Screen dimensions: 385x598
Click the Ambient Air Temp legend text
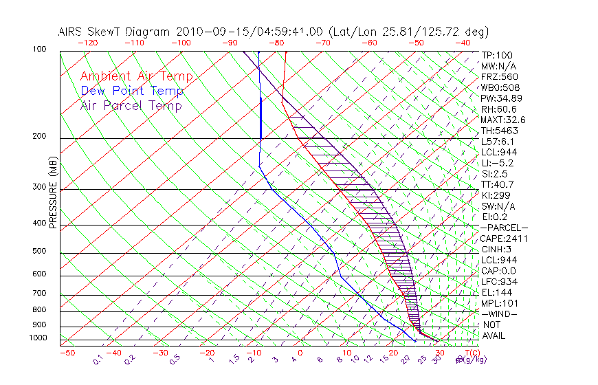coord(136,76)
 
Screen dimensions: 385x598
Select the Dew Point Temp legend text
coord(132,91)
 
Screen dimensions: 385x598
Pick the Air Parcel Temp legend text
coord(131,105)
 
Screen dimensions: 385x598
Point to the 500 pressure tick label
coord(40,252)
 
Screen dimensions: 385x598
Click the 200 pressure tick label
coord(40,137)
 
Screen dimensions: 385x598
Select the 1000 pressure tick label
coord(38,338)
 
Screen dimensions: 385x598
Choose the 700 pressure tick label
coord(40,294)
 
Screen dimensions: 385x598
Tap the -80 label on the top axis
coord(278,43)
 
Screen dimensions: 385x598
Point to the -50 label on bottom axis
coord(67,353)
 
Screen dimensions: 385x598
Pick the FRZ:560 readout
coord(499,76)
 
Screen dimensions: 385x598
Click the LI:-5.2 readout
coord(498,163)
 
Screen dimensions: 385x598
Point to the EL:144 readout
coord(497,292)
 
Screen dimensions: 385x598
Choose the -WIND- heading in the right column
coord(498,313)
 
